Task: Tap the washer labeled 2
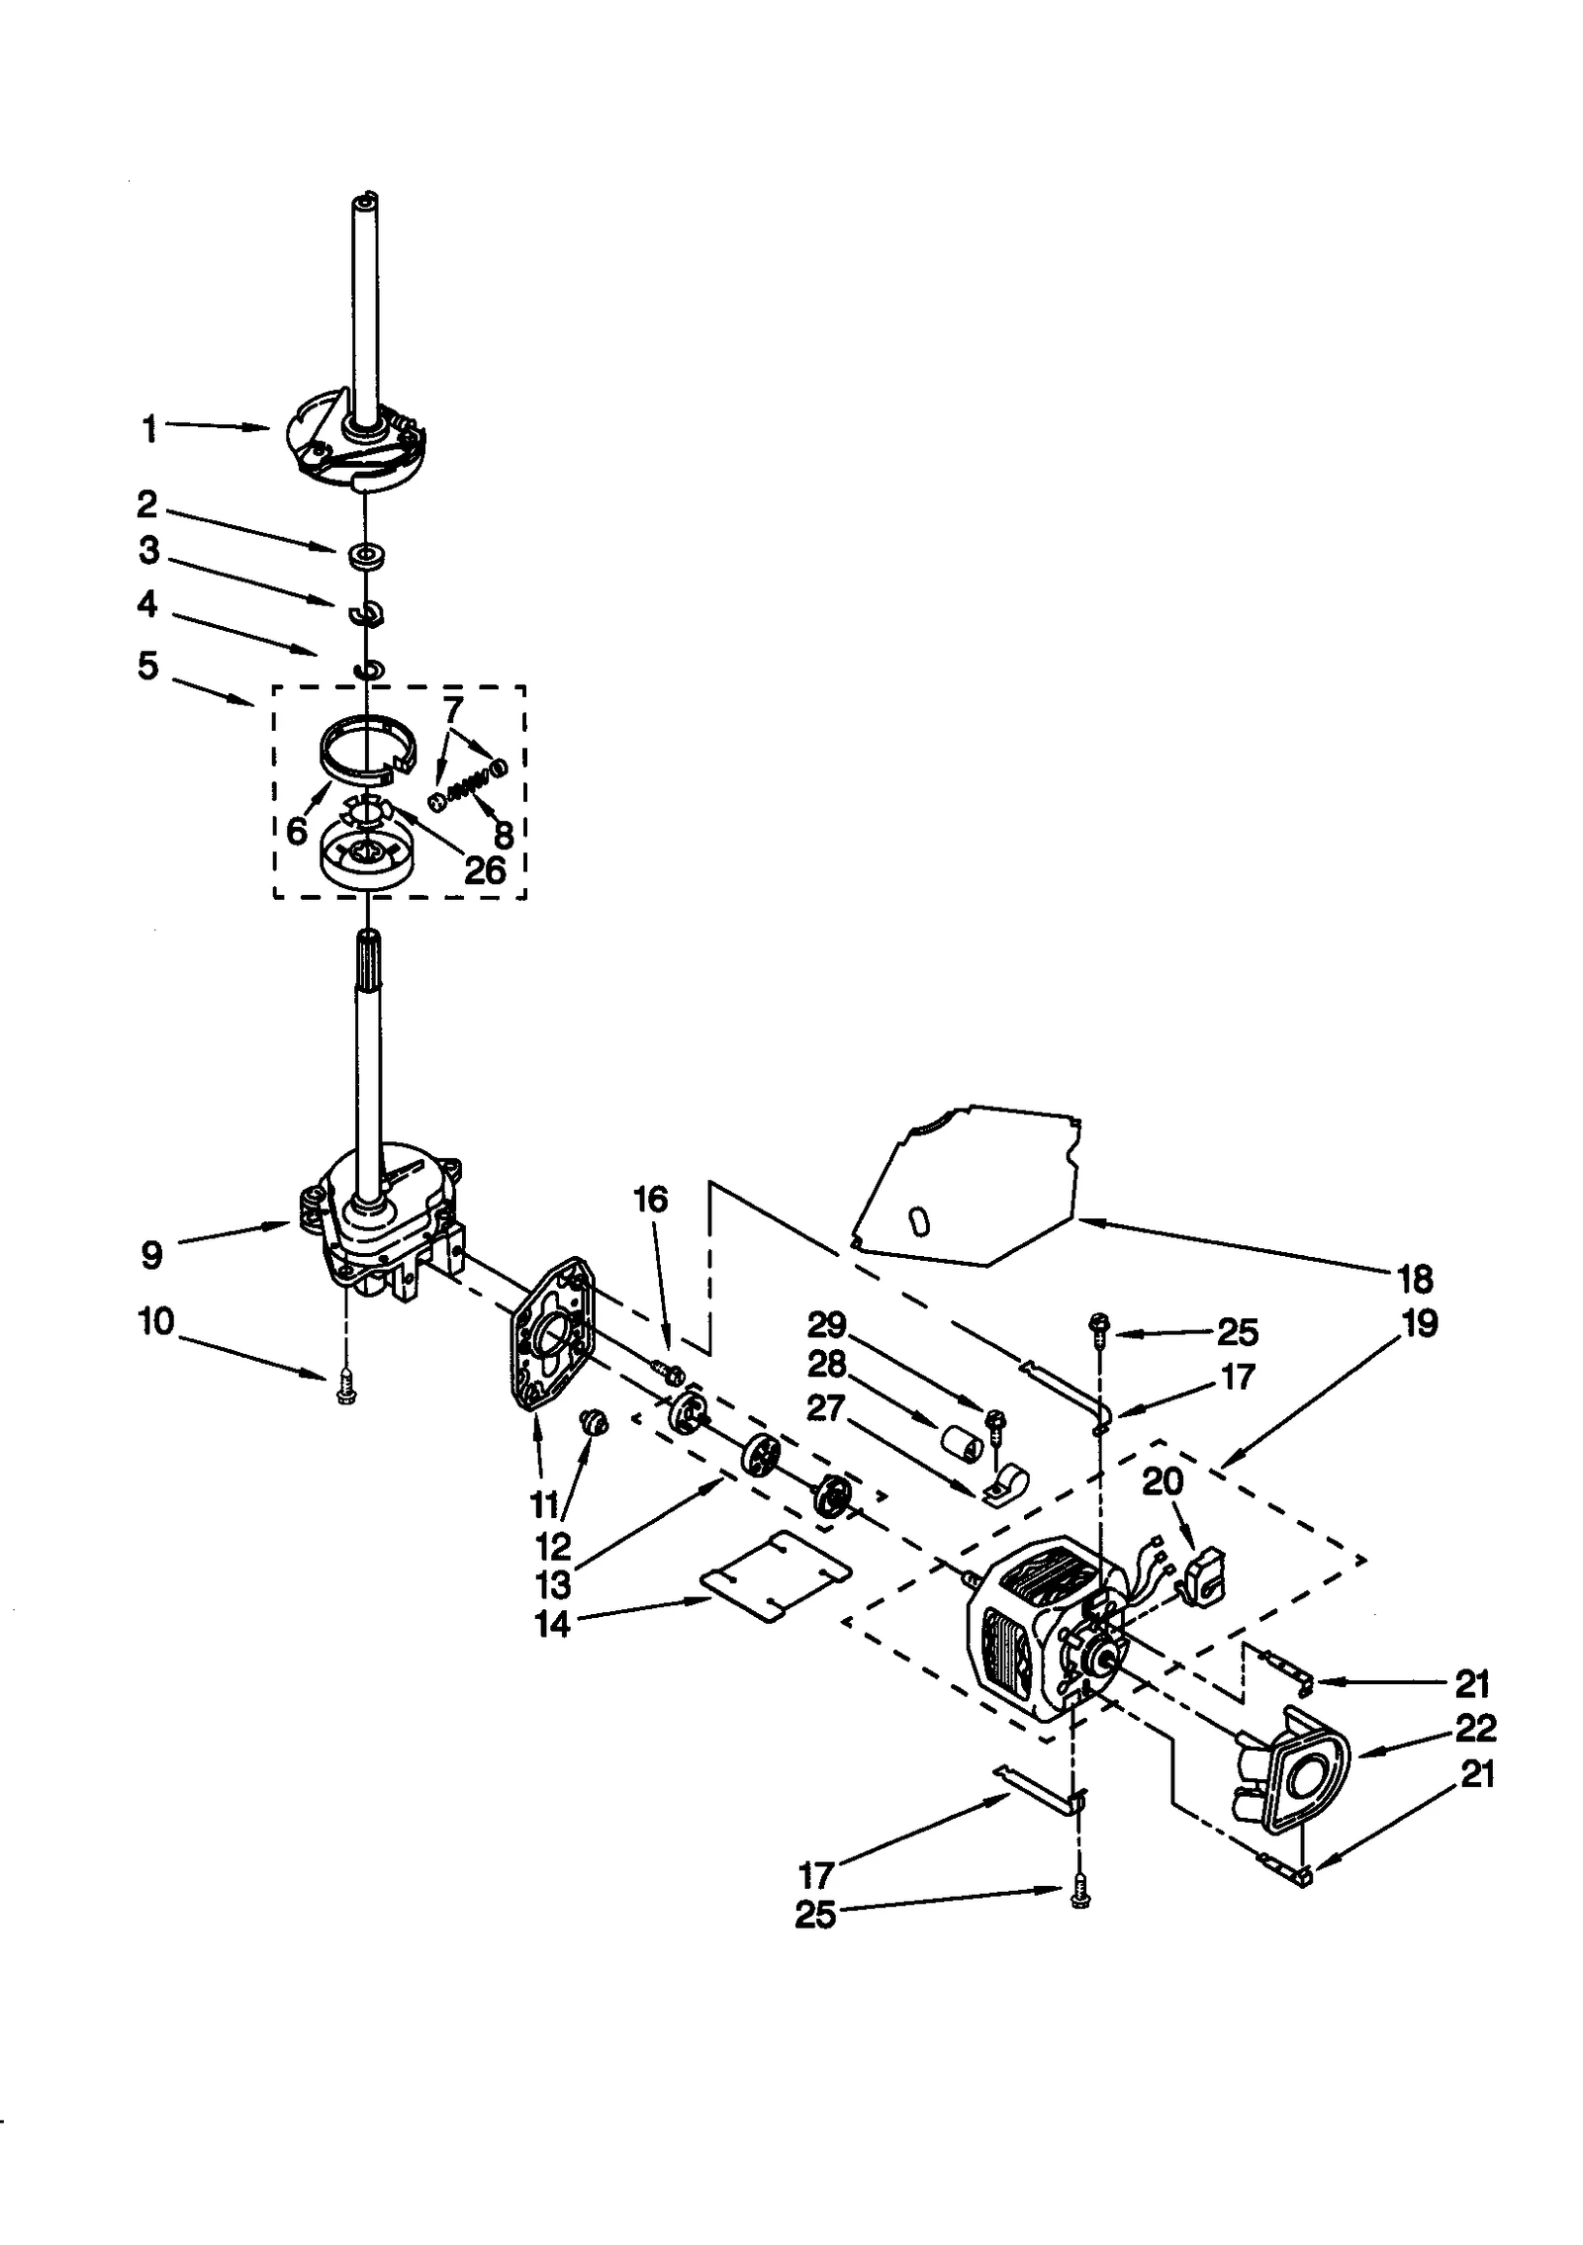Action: coord(366,555)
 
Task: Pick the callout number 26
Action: coord(485,870)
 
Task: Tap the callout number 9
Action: coord(150,1256)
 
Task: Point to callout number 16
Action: coord(650,1201)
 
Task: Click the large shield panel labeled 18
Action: coord(975,1187)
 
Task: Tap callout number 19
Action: coord(1421,1323)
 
